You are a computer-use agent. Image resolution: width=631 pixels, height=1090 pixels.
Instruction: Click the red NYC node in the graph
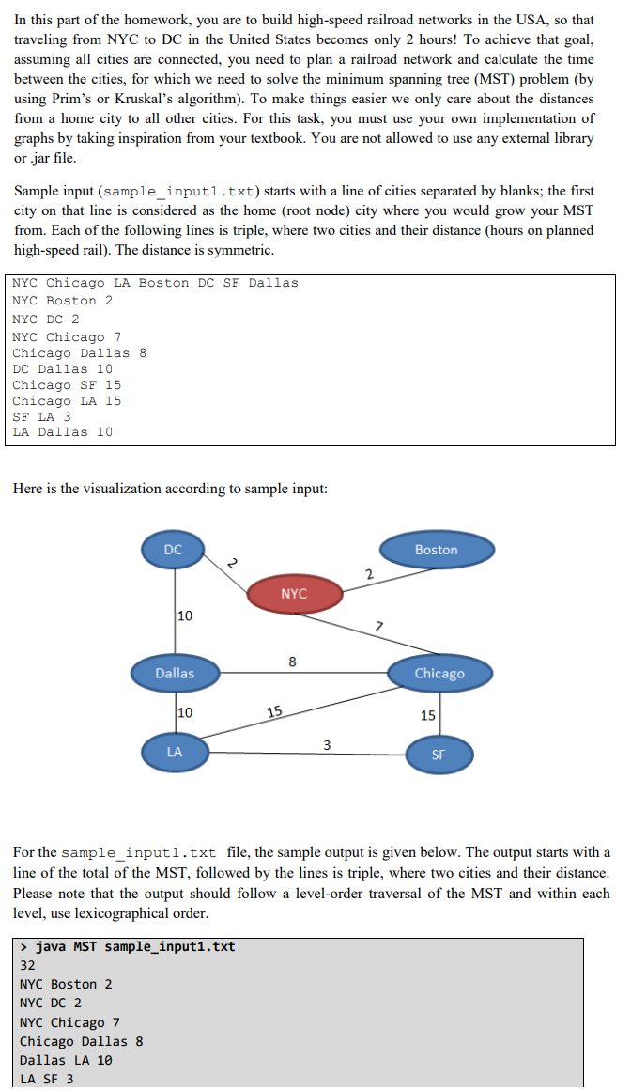[x=294, y=593]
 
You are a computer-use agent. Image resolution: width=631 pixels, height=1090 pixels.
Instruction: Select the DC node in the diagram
[x=174, y=551]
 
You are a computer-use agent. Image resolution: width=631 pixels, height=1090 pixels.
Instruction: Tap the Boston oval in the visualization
[x=437, y=550]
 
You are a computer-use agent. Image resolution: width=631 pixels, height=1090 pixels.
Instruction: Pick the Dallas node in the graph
[x=175, y=673]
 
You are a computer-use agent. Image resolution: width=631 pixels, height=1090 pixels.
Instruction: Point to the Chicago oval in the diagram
[x=439, y=674]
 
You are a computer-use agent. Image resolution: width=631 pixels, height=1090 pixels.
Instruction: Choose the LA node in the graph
[x=175, y=752]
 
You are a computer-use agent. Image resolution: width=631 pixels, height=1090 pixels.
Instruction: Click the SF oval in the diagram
[x=439, y=754]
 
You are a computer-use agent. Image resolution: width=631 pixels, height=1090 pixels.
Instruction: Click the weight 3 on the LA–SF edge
[x=326, y=745]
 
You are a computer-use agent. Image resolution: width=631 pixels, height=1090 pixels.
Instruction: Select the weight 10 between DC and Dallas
[x=185, y=615]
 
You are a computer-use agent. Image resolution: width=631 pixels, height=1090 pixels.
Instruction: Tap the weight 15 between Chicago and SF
[x=427, y=715]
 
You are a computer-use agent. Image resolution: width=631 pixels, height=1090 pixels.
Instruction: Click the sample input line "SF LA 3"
[x=41, y=416]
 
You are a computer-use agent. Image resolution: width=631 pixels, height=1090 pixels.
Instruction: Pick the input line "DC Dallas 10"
[x=62, y=368]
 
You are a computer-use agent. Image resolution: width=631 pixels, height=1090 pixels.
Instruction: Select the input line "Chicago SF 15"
[x=67, y=384]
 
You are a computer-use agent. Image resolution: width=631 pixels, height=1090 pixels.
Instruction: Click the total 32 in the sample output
[x=27, y=964]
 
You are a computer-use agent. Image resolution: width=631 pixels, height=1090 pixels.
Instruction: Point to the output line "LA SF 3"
[x=46, y=1079]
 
